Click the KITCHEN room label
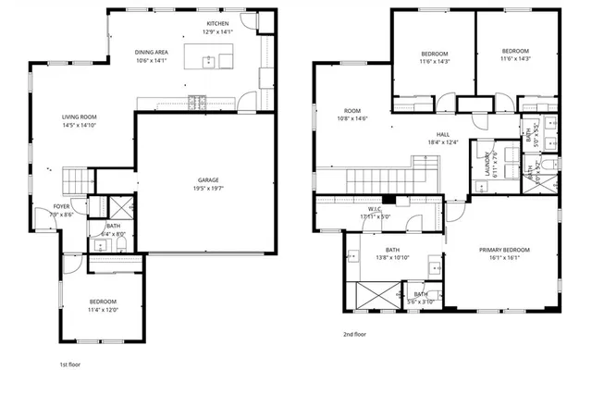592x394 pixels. (x=217, y=23)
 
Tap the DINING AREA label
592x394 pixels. (x=150, y=53)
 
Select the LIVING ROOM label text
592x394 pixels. (x=80, y=117)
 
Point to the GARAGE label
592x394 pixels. (x=208, y=179)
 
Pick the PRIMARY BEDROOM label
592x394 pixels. (x=504, y=250)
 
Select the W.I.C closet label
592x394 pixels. (x=374, y=209)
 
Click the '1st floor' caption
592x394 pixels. (x=71, y=365)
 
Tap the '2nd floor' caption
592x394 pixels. (x=355, y=334)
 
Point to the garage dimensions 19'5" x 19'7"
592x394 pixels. (x=208, y=188)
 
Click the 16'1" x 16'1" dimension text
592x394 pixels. (x=504, y=258)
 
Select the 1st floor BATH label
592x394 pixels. (x=113, y=226)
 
